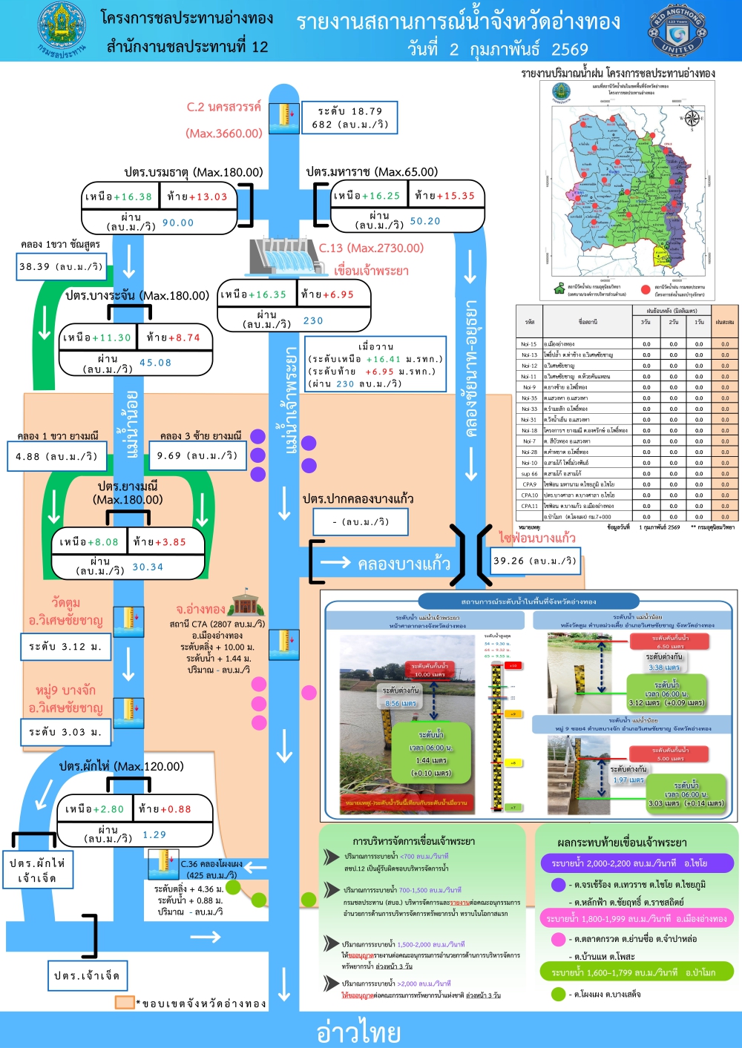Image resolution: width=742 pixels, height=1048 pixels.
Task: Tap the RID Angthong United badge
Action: click(677, 30)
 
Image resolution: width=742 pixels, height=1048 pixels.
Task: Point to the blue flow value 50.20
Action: click(425, 221)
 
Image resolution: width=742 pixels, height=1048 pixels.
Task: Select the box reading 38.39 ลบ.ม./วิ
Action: click(61, 267)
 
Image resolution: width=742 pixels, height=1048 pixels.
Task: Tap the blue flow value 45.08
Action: click(155, 363)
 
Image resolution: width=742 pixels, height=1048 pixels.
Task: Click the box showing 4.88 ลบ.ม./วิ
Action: click(56, 456)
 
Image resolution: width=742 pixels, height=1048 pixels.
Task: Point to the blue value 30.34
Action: click(148, 567)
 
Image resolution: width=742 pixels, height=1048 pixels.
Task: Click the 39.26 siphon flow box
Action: click(534, 561)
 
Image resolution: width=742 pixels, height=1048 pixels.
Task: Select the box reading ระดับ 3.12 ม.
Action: click(65, 647)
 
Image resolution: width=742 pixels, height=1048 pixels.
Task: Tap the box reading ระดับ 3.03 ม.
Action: click(65, 732)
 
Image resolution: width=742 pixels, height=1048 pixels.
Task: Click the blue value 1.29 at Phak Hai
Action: click(154, 834)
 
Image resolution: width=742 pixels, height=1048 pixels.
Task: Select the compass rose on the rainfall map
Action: click(692, 118)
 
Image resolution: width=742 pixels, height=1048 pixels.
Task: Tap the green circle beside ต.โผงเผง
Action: click(559, 994)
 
